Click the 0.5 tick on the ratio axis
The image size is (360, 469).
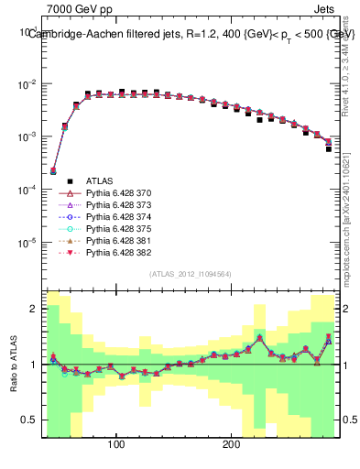click(x=31, y=420)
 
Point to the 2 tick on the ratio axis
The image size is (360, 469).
click(x=34, y=309)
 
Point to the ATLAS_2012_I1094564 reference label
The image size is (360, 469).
click(x=190, y=274)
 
